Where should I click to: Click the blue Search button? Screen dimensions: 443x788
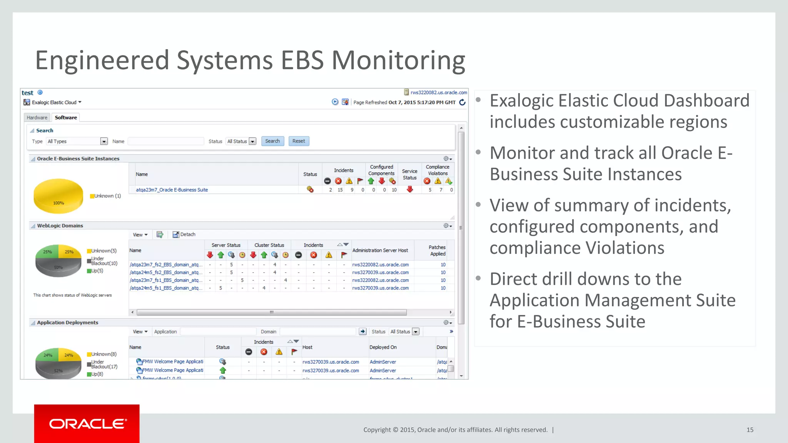pos(272,141)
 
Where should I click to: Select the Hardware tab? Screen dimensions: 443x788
pos(37,118)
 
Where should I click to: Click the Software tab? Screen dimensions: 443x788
pos(66,118)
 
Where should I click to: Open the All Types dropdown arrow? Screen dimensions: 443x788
pos(104,142)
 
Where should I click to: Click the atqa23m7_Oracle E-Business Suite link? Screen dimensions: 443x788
pos(172,190)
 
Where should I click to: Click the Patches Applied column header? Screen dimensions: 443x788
pos(437,250)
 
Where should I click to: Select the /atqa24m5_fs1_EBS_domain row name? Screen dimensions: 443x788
pos(166,288)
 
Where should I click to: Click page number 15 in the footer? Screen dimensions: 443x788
pos(750,430)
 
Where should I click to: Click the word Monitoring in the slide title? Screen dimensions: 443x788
pos(398,60)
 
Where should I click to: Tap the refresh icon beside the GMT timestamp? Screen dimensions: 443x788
pos(462,102)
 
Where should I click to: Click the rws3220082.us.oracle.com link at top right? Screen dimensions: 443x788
pos(439,93)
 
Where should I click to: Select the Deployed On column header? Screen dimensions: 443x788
pos(383,347)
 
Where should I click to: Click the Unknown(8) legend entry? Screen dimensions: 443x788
pos(104,354)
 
